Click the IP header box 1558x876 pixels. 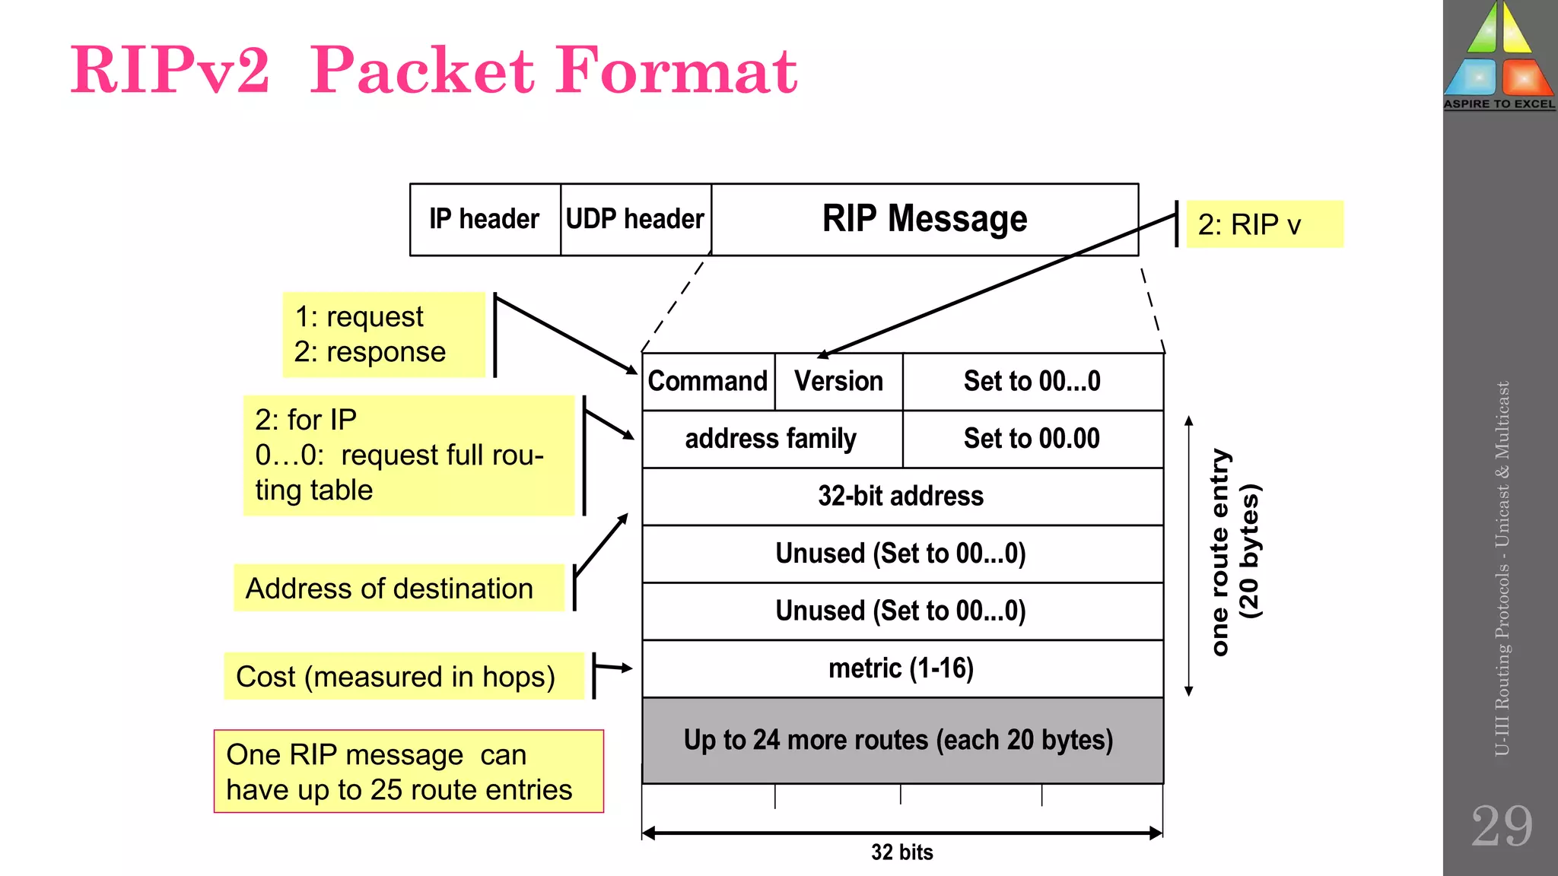[485, 219]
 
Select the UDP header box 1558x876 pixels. [635, 219]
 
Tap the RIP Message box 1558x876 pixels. [924, 219]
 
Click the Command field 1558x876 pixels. [707, 381]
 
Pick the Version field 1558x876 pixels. [838, 381]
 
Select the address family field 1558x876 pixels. [771, 439]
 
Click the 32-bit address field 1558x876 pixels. [901, 496]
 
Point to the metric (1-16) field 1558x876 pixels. [901, 668]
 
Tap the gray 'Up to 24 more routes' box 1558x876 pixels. [901, 740]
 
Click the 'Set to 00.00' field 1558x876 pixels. [1032, 439]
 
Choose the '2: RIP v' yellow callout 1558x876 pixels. [1264, 224]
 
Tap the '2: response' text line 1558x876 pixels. [370, 352]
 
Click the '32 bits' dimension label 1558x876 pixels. [902, 852]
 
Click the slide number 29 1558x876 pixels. [1501, 827]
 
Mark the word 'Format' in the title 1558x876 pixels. [677, 71]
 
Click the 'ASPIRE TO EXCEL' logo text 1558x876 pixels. [1499, 104]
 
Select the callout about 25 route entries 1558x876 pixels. [409, 772]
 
